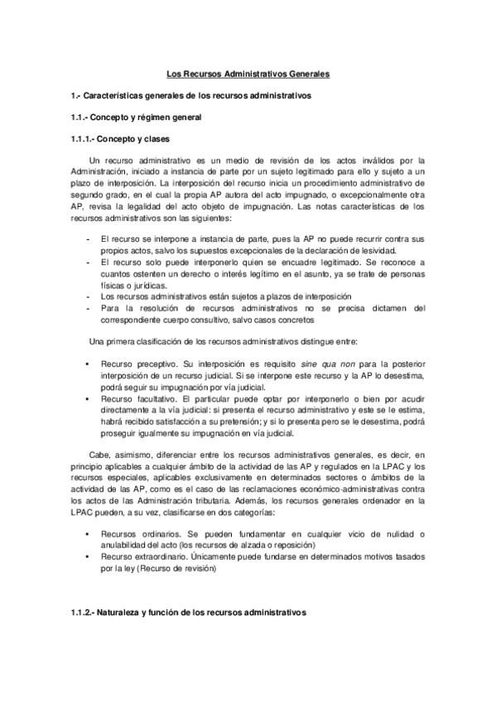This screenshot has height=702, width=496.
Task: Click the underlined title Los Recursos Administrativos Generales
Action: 248,75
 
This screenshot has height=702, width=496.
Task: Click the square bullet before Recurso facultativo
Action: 88,398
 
